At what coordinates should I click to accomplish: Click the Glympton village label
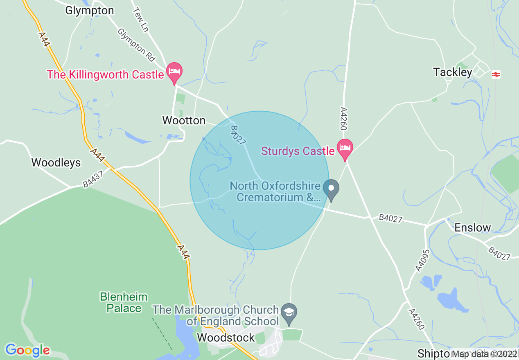coord(89,11)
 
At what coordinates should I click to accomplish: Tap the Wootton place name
coord(184,120)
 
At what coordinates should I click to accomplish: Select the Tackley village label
coord(453,72)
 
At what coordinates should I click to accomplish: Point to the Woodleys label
coord(56,162)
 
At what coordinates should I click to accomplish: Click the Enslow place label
coord(472,227)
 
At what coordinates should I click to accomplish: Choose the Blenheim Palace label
coord(124,302)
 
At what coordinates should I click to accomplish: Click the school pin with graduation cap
coord(289,313)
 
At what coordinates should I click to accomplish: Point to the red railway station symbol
coord(496,74)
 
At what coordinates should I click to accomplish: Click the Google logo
coord(27,350)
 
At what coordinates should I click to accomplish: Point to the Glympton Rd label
coord(137,45)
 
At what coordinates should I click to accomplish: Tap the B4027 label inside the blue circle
coord(238,135)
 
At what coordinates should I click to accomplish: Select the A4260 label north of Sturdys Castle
coord(343,119)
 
